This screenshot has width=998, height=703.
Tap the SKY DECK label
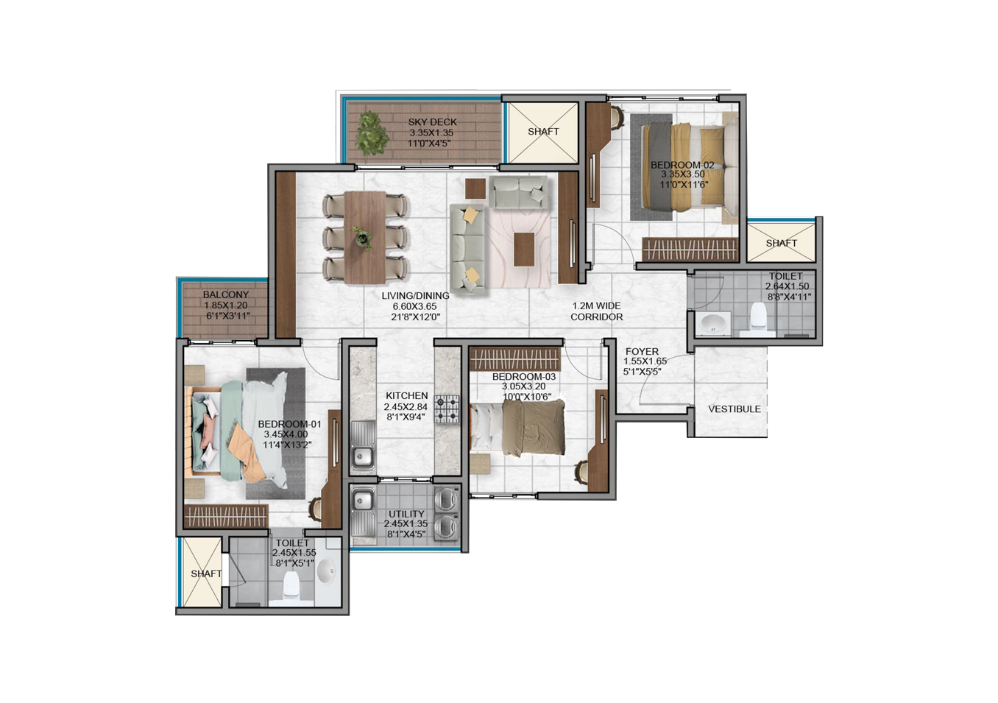pos(432,122)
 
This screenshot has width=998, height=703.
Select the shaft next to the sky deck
pos(543,133)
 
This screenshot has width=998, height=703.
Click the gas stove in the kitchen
pos(447,409)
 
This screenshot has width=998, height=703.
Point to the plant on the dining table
pos(363,238)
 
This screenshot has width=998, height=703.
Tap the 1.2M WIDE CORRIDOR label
pos(597,311)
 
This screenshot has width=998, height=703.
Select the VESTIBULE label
pos(735,409)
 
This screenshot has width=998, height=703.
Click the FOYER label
pos(642,352)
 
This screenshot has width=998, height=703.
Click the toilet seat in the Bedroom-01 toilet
pos(291,584)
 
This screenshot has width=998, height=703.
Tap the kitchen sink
pos(363,448)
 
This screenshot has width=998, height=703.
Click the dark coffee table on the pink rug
pos(524,249)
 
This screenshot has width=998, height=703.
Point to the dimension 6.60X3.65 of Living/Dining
pos(414,306)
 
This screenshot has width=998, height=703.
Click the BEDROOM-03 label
pos(524,377)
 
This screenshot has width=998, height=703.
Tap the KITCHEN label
pos(406,395)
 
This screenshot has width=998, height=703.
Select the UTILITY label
pos(406,514)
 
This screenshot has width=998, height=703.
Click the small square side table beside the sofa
pos(476,188)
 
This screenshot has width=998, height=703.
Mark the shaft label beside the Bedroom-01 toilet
pos(206,573)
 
